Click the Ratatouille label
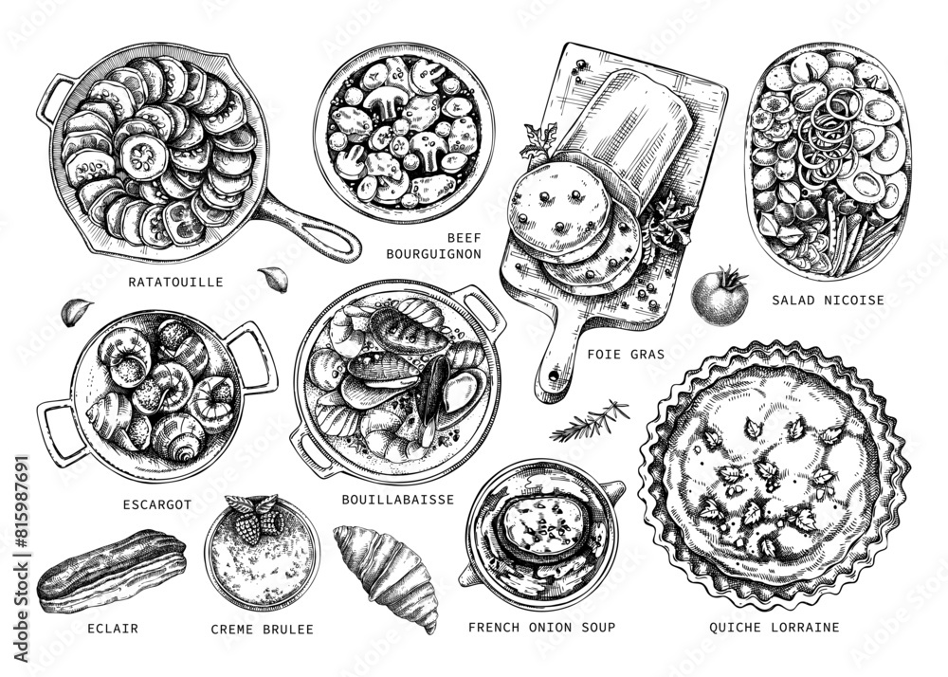pyautogui.click(x=176, y=282)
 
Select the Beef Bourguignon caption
pyautogui.click(x=434, y=246)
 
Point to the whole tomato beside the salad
pyautogui.click(x=721, y=296)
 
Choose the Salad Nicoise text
pyautogui.click(x=828, y=301)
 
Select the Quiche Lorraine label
pyautogui.click(x=775, y=627)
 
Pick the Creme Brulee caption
pyautogui.click(x=262, y=629)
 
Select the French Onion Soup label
pyautogui.click(x=541, y=627)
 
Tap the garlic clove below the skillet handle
pyautogui.click(x=272, y=279)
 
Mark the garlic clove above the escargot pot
pyautogui.click(x=77, y=310)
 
